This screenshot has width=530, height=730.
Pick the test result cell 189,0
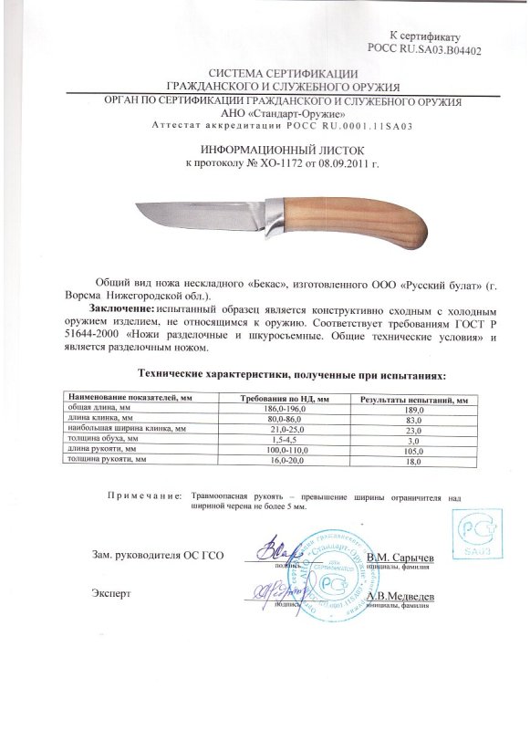pos(415,411)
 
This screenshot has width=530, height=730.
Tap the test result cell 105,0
pos(415,449)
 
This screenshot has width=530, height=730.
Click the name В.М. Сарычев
pos(400,556)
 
